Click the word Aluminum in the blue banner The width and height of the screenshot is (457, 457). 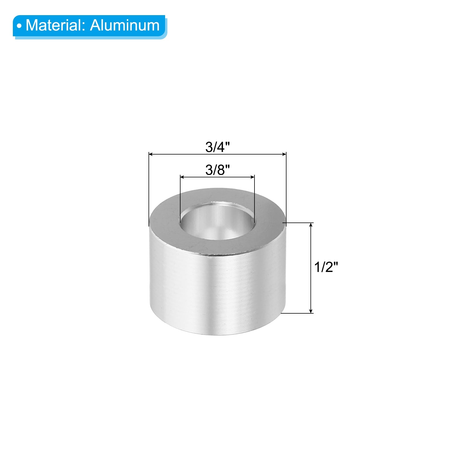pos(125,25)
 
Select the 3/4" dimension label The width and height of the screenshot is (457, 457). pos(218,147)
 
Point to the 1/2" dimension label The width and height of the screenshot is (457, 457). pos(326,268)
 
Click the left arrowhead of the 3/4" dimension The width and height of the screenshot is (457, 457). pos(151,155)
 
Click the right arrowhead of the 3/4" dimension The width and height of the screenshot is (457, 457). pos(283,155)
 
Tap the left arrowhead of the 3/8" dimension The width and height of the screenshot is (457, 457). pos(183,177)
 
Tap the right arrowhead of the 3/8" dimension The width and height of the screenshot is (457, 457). pos(252,177)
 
